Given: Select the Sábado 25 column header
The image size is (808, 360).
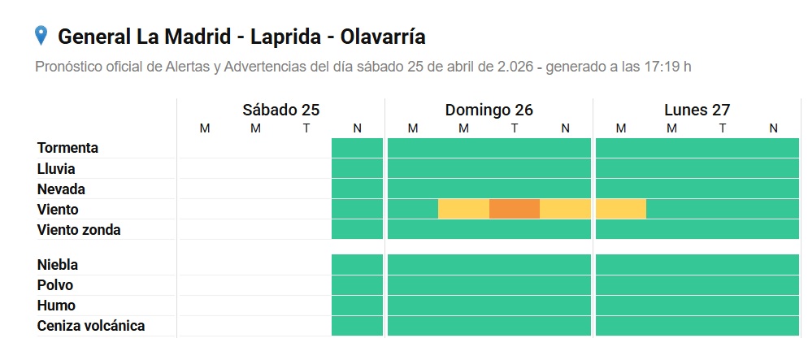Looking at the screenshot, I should click(x=280, y=110).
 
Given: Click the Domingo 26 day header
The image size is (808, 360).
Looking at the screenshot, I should click(x=489, y=110).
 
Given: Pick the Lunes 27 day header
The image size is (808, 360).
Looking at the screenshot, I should click(x=697, y=110).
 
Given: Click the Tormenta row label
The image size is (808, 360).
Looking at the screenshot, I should click(x=67, y=148).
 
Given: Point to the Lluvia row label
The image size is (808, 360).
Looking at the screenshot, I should click(x=56, y=169).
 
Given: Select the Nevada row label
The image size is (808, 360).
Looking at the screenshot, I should click(x=61, y=189).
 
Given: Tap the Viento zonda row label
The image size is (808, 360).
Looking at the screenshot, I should click(x=79, y=230).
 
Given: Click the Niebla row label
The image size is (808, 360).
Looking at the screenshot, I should click(x=58, y=265).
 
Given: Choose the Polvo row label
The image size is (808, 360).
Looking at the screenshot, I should click(x=55, y=285).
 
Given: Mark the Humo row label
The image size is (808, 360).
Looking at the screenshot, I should click(x=56, y=306).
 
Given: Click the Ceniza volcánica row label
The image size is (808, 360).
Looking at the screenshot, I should click(x=91, y=326).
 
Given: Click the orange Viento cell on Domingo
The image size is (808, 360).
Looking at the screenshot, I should click(x=515, y=209).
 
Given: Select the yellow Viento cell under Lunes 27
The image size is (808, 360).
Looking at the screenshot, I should click(x=621, y=209).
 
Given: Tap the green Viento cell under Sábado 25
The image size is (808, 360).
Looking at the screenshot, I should click(x=357, y=209).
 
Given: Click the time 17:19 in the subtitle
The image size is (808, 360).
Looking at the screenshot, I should click(x=659, y=67).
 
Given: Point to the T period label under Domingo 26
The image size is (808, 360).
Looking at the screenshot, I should click(x=515, y=128).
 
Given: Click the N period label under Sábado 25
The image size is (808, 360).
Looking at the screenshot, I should click(x=357, y=128).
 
